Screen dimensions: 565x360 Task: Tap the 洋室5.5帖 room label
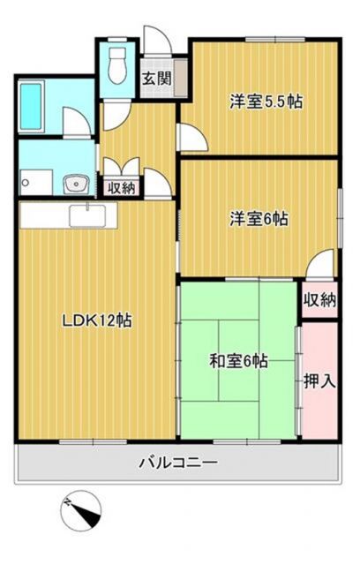coord(266,101)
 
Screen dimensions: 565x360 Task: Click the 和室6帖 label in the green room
coord(238,360)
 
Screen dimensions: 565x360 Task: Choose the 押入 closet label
coord(319,381)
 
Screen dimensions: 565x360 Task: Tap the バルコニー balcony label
coord(177,462)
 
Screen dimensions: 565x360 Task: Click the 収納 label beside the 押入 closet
coord(319,300)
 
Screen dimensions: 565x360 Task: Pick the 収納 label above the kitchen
coord(120,187)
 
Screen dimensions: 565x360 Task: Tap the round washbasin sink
coord(76,185)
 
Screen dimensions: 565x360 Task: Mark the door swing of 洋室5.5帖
coord(189,137)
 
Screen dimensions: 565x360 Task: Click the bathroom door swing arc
coord(78,123)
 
